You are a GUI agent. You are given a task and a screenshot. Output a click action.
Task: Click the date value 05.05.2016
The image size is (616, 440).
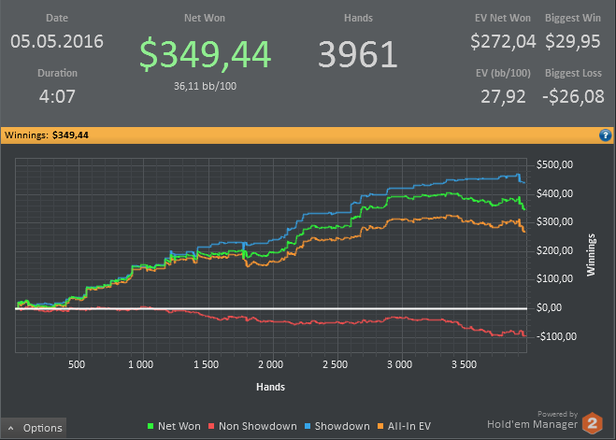pos(58,41)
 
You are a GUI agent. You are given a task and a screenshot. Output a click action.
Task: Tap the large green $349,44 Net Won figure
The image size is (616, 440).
pos(206,54)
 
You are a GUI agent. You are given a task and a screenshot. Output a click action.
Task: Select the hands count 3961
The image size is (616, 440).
pos(358,54)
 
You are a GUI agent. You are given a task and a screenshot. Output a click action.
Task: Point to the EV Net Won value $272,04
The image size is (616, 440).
pos(503,41)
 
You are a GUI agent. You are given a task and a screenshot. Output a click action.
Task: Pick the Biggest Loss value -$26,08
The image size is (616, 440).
pos(572,95)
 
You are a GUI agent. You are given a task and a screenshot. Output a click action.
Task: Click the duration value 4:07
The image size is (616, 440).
pos(58,95)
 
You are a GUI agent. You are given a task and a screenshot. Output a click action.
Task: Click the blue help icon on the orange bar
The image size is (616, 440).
pos(605,135)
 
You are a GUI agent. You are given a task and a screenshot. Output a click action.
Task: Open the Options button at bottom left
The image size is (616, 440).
pos(35,428)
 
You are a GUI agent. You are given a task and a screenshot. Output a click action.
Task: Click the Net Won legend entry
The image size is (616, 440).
pos(176,426)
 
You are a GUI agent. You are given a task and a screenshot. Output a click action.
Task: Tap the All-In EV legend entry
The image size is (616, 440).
pos(404,426)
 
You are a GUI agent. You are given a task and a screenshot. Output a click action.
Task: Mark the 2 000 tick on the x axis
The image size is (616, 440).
pos(269,363)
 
